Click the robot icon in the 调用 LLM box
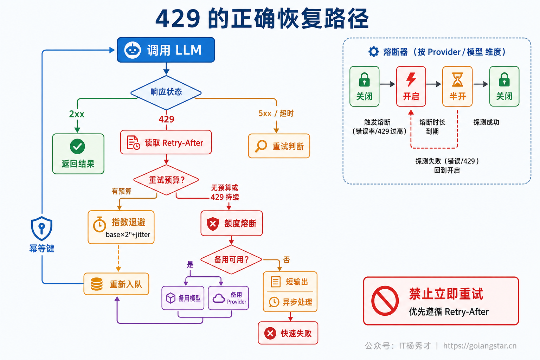coord(132,50)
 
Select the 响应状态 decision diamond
coord(166,92)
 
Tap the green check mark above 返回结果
coord(77,146)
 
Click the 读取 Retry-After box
coord(166,142)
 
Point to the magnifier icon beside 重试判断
coord(261,146)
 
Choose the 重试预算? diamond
coord(166,180)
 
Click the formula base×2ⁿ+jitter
coord(128,234)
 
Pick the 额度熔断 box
coord(232,223)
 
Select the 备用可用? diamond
coord(231,260)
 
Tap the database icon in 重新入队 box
coord(97,284)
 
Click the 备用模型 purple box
coord(183,298)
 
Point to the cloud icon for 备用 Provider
coord(219,298)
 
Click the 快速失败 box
coord(288,333)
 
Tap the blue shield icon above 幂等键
coord(42,228)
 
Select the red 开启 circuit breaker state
coord(411,86)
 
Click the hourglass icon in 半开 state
coord(457,79)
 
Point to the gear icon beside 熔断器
coord(374,52)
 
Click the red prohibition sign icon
coord(385,301)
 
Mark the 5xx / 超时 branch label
coord(276,113)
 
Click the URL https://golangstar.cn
coord(480,346)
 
